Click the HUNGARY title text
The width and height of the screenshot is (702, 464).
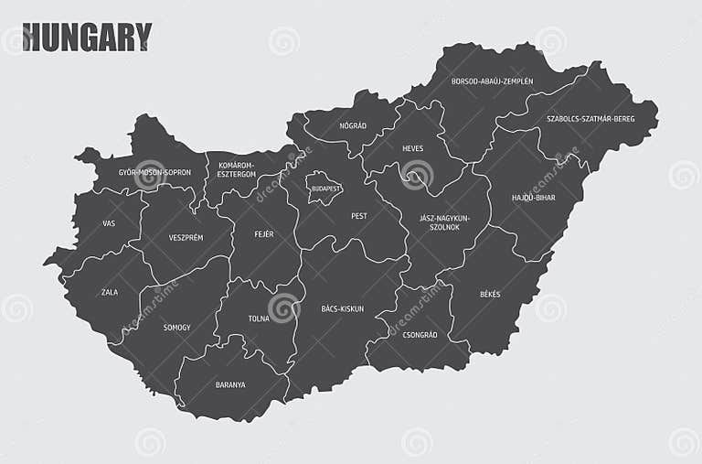tap(87, 38)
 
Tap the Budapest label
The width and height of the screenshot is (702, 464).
tap(326, 189)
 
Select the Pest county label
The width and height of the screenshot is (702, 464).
tap(359, 216)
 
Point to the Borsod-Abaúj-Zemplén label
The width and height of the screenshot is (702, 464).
tap(492, 81)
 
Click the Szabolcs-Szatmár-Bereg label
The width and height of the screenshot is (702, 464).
tap(590, 119)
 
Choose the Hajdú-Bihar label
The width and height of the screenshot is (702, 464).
tap(533, 197)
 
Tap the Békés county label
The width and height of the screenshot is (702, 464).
tap(490, 294)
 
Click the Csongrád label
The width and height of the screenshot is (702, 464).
tap(420, 335)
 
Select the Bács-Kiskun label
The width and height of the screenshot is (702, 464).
tap(343, 308)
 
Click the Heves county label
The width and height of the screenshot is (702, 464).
tap(412, 148)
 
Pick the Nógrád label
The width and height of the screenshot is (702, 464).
tap(353, 125)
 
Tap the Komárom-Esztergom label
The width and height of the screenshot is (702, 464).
tap(237, 169)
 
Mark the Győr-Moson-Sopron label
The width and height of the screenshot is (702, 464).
tap(154, 172)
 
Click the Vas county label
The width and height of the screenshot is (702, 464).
tap(109, 222)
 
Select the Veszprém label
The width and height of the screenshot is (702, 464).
tap(186, 237)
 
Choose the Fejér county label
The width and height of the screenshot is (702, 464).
tap(264, 234)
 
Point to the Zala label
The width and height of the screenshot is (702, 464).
tap(110, 292)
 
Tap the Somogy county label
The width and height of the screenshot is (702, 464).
tap(177, 327)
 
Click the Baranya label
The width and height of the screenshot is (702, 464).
tap(230, 384)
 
